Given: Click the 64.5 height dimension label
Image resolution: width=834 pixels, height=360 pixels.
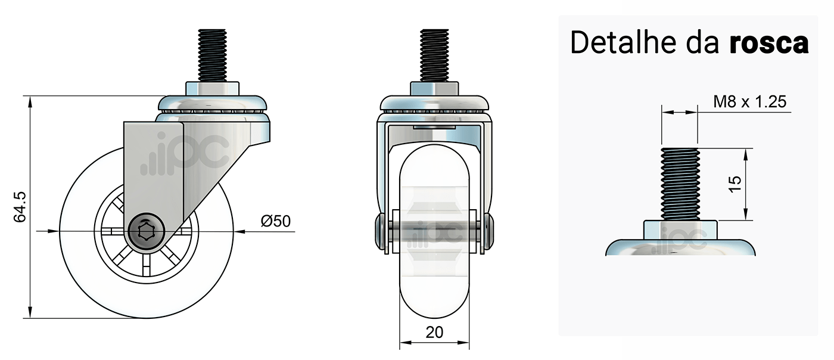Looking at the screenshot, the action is click(x=20, y=207).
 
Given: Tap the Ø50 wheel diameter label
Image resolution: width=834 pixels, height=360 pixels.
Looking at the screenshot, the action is click(x=275, y=221).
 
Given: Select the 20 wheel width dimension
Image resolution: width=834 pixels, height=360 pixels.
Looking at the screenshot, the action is click(x=434, y=333).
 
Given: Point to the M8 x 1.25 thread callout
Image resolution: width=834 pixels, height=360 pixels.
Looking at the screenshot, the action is click(x=749, y=102).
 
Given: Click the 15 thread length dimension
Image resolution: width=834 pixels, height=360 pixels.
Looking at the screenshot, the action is click(x=735, y=184).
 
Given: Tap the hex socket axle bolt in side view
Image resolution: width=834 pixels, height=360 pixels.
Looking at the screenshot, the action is click(x=145, y=232).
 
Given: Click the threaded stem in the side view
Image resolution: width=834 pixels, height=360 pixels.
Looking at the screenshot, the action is click(x=212, y=56).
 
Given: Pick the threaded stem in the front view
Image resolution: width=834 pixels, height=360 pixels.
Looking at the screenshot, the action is click(x=434, y=56).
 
